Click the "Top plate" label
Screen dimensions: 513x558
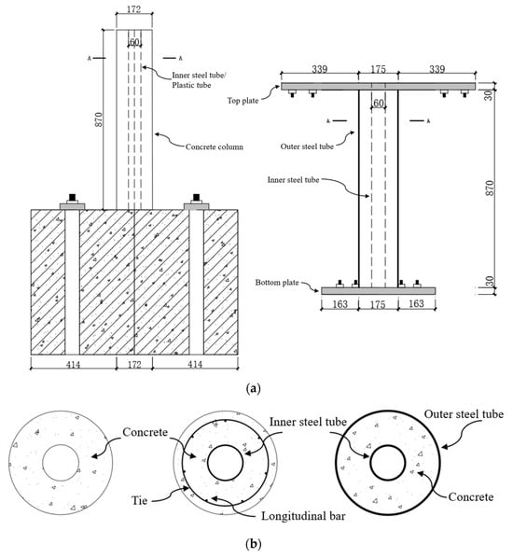pyautogui.click(x=243, y=101)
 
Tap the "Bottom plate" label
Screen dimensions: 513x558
pyautogui.click(x=277, y=283)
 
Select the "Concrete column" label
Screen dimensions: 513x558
pyautogui.click(x=215, y=146)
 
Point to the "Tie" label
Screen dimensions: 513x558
pyautogui.click(x=140, y=501)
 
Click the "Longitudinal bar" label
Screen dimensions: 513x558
pyautogui.click(x=303, y=516)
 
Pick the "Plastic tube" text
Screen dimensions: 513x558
pyautogui.click(x=191, y=85)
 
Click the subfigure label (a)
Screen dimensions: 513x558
pyautogui.click(x=254, y=388)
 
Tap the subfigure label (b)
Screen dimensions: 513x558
pyautogui.click(x=254, y=544)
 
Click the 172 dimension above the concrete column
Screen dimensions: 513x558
pyautogui.click(x=133, y=9)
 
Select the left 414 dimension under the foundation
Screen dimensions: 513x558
pyautogui.click(x=74, y=365)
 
